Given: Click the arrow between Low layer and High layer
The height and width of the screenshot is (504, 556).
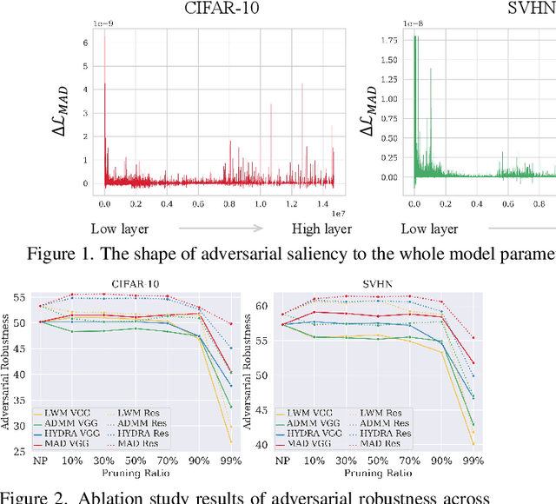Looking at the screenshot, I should pyautogui.click(x=221, y=229).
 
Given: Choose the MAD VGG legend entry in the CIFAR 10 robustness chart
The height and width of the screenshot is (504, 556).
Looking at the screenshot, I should pyautogui.click(x=54, y=444).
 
